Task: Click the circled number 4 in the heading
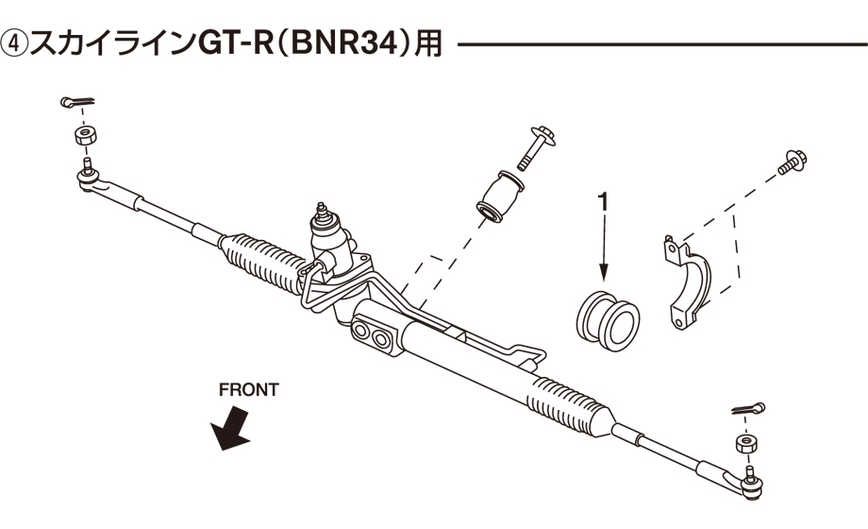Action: (16, 44)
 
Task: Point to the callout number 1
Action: (601, 202)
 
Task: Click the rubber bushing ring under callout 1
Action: (608, 317)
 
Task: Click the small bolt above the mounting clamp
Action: (789, 163)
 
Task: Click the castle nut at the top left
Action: (82, 135)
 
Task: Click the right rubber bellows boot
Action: (566, 400)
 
